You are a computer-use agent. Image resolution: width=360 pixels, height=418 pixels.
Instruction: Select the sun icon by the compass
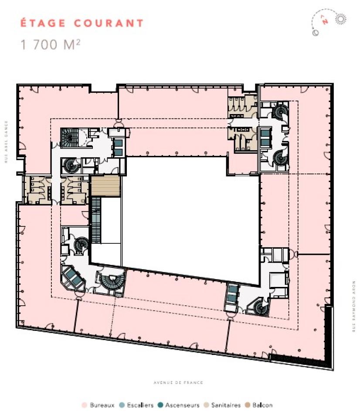click(340, 19)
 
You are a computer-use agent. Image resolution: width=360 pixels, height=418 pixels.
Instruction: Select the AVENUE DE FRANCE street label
click(179, 383)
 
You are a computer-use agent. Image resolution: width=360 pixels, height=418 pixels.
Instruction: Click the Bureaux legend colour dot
click(85, 405)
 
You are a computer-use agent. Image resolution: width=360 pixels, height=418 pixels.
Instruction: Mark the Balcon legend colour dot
click(247, 405)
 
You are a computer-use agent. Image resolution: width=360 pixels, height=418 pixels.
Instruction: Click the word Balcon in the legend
click(262, 405)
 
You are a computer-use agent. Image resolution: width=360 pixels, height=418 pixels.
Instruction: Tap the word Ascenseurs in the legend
click(182, 405)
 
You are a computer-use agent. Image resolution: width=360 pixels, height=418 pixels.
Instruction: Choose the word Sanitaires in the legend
click(226, 405)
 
